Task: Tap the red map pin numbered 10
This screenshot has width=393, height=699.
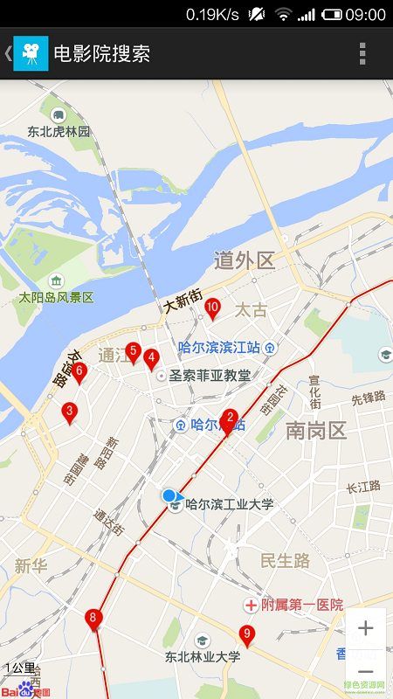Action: tap(212, 307)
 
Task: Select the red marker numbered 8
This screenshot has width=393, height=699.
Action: tap(93, 619)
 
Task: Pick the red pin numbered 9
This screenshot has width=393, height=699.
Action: tap(247, 634)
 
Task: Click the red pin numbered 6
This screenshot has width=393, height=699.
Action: tap(79, 372)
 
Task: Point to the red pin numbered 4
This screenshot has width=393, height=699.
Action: tap(151, 357)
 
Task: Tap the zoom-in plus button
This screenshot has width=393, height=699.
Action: tap(366, 627)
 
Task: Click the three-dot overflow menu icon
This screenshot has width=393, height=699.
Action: tap(362, 53)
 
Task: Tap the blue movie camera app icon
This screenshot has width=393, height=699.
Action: tap(31, 53)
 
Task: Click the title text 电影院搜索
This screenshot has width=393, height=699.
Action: tap(102, 53)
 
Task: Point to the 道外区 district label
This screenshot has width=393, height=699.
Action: tap(245, 260)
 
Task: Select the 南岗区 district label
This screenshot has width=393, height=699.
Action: tap(316, 430)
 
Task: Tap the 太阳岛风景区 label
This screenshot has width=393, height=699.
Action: tap(57, 297)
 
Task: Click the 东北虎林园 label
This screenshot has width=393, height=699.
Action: tap(59, 132)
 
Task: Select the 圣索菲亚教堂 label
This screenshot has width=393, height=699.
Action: tap(210, 376)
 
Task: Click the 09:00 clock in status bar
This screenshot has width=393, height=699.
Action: tap(365, 14)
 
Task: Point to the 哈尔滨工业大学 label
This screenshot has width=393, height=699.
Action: tap(230, 504)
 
